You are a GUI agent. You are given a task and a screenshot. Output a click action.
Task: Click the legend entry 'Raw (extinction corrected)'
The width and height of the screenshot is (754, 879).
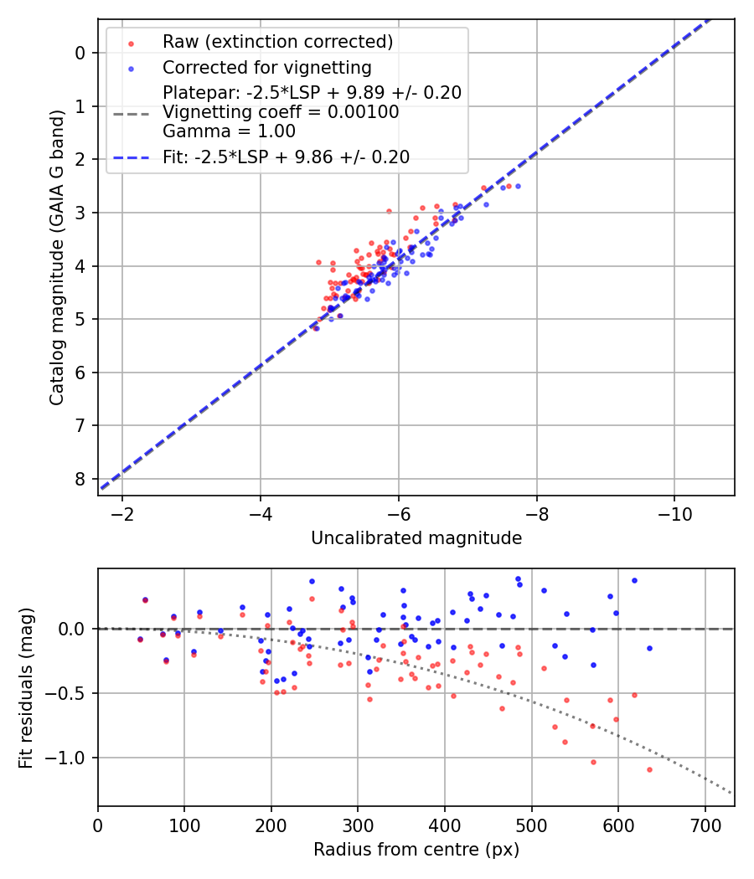pyautogui.click(x=277, y=42)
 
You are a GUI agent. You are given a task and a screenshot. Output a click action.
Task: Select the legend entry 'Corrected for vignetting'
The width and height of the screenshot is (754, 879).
pyautogui.click(x=266, y=67)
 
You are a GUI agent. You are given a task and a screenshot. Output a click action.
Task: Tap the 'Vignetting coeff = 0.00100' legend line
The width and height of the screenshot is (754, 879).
pyautogui.click(x=281, y=112)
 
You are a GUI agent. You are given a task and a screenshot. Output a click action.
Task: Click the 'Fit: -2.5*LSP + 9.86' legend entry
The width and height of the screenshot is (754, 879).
pyautogui.click(x=286, y=157)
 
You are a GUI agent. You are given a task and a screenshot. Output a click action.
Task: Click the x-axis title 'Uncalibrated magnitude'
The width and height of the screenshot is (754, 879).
pyautogui.click(x=416, y=538)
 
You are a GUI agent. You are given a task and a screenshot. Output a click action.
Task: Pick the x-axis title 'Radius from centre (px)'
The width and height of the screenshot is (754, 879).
pyautogui.click(x=416, y=850)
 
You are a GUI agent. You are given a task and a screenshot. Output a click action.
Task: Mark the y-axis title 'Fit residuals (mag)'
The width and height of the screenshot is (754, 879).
pyautogui.click(x=26, y=687)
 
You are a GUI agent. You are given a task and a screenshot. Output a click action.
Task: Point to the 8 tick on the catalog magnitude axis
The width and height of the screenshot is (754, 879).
pyautogui.click(x=80, y=479)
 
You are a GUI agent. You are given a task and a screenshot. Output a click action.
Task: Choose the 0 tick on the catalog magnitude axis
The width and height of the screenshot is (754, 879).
pyautogui.click(x=80, y=53)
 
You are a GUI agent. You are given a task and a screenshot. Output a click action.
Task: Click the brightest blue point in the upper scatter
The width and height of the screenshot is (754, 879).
pyautogui.click(x=518, y=186)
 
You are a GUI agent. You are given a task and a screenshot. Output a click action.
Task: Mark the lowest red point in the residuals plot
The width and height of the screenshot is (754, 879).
pyautogui.click(x=649, y=769)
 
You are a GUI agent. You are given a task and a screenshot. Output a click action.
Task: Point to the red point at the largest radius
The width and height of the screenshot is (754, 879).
pyautogui.click(x=649, y=769)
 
